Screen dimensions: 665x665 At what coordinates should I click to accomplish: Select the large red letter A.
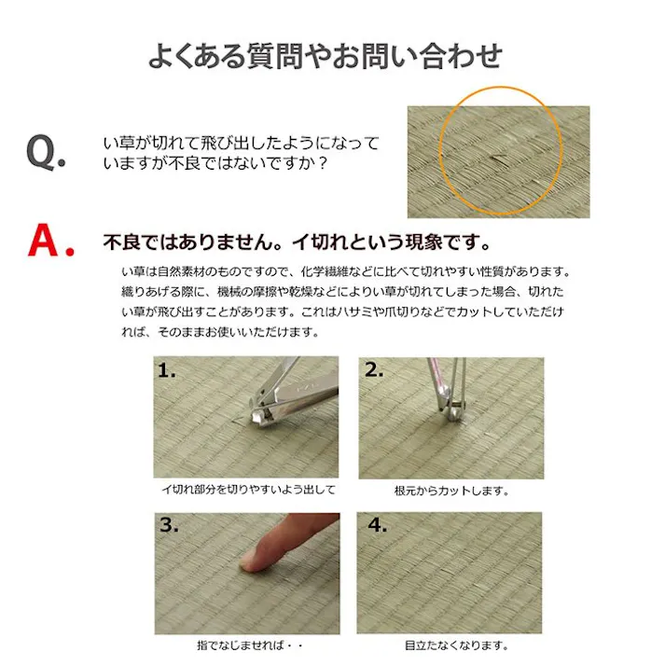[49, 241]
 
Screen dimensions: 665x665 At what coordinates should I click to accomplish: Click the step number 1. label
[167, 370]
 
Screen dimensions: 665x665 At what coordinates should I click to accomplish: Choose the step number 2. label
[374, 370]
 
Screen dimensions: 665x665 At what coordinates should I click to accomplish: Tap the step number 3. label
[168, 525]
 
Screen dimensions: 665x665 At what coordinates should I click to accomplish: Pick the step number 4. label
[377, 525]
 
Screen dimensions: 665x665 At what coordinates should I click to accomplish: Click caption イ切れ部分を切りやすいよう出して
[247, 489]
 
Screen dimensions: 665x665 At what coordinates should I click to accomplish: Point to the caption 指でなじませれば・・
[246, 644]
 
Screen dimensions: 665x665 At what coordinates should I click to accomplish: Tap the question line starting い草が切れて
[241, 144]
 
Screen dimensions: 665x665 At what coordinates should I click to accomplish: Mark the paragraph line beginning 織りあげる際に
[344, 291]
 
